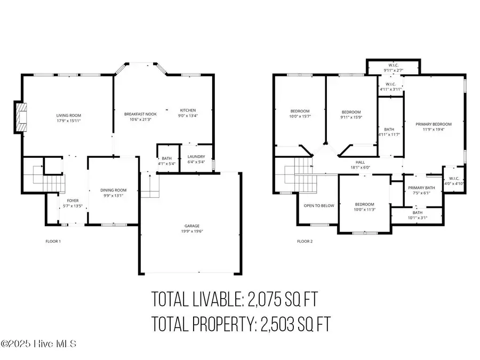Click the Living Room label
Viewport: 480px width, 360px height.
point(68,115)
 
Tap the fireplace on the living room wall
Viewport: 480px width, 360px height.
point(20,117)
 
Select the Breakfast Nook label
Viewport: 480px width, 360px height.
point(140,114)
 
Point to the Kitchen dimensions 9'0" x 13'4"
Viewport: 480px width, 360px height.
point(188,116)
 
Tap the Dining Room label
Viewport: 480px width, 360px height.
point(113,190)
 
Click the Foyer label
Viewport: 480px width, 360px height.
point(73,200)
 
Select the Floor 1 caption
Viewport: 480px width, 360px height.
point(53,242)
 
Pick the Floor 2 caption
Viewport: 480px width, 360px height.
point(305,242)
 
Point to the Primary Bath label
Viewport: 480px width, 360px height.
point(422,188)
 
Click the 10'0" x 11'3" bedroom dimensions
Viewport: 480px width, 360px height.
point(365,210)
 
